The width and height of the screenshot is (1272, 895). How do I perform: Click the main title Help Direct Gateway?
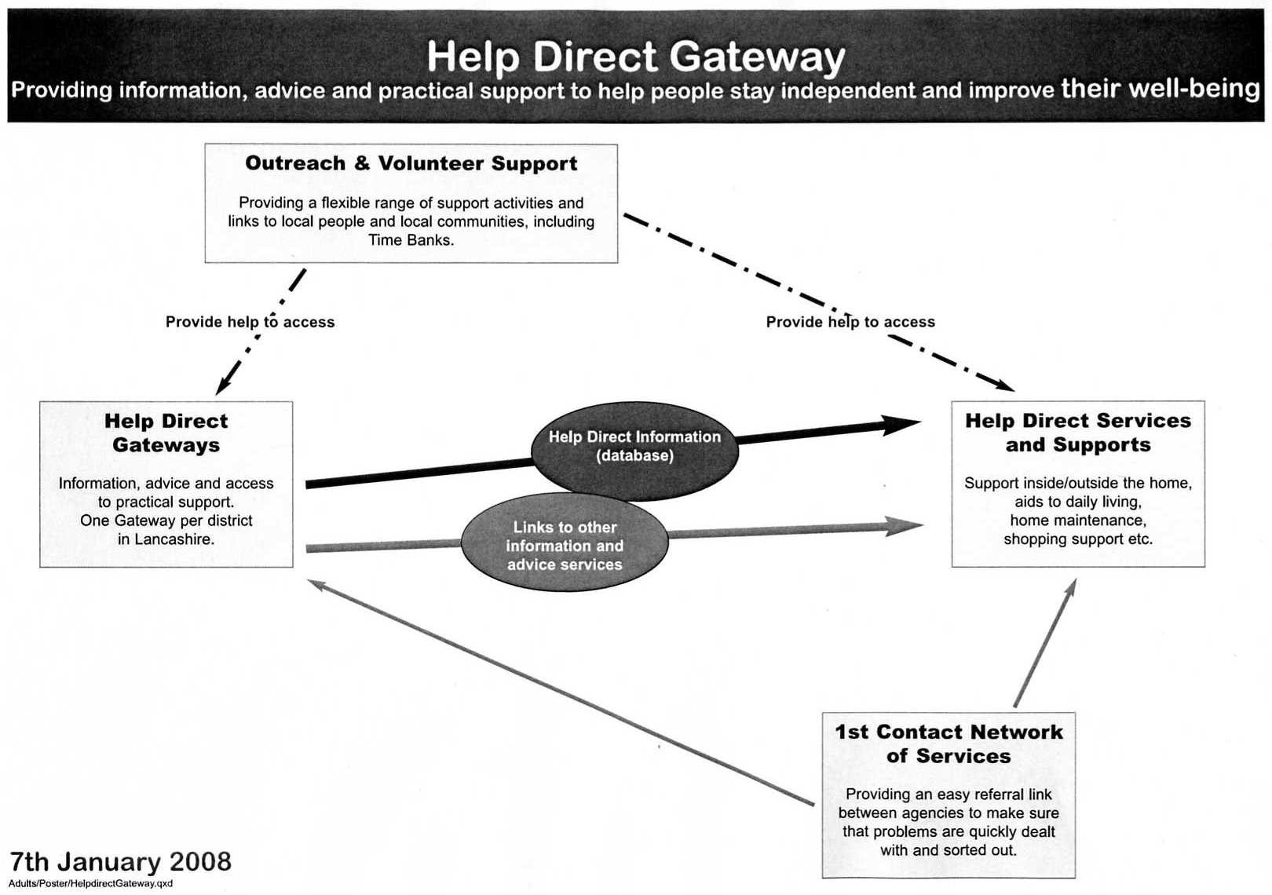pos(635,57)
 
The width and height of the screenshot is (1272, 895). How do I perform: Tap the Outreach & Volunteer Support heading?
pos(411,163)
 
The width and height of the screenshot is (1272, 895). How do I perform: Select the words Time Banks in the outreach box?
pos(411,240)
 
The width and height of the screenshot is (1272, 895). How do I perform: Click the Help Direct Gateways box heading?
pos(166,433)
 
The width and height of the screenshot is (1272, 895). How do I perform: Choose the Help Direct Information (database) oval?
pos(634,447)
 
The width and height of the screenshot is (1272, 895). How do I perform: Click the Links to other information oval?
pos(565,546)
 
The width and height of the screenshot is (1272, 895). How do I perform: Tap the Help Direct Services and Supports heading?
pos(1078,433)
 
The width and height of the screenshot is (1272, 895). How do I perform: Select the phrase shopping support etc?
pos(1078,539)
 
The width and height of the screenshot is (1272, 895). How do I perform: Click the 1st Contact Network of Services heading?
pos(949,743)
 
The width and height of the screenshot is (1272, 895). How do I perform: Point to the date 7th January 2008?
pos(120,862)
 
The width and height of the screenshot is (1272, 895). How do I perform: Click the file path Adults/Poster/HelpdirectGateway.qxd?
pos(90,884)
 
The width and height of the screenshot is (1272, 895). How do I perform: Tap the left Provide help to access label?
pos(250,322)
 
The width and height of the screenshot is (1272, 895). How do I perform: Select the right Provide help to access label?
pos(850,322)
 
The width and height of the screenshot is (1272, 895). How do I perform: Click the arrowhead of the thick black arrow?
pos(903,425)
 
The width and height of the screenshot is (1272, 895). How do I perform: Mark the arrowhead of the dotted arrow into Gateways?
pos(223,384)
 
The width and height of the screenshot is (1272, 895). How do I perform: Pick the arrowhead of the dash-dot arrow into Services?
pos(1004,385)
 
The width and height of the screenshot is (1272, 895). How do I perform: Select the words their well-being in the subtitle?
pos(1160,88)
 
